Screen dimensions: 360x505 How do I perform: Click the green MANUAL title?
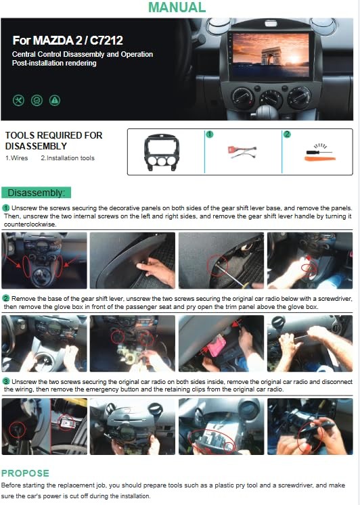click(x=177, y=7)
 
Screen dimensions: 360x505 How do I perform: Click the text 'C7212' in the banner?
click(x=106, y=41)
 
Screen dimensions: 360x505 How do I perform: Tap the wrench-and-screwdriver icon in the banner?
click(x=19, y=101)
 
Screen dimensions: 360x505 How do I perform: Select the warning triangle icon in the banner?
click(x=55, y=101)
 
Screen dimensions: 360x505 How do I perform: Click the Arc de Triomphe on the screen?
click(x=271, y=56)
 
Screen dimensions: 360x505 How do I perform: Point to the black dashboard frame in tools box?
click(x=162, y=152)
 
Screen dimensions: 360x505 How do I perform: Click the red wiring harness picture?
click(x=242, y=152)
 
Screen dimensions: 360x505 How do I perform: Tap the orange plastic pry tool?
click(x=320, y=158)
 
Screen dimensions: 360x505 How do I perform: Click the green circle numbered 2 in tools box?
click(x=287, y=134)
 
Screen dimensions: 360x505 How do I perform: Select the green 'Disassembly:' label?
click(x=36, y=193)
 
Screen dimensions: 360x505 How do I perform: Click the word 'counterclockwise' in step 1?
click(x=30, y=224)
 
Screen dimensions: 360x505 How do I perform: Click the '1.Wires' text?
click(x=16, y=158)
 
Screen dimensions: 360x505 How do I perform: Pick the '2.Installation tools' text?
click(x=68, y=158)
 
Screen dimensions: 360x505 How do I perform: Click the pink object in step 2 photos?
click(x=217, y=345)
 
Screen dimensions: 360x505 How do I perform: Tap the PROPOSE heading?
click(x=25, y=473)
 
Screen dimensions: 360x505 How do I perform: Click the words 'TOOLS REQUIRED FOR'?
click(x=54, y=135)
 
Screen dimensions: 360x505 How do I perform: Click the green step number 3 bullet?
click(x=6, y=382)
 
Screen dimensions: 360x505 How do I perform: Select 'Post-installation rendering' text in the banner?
click(x=54, y=63)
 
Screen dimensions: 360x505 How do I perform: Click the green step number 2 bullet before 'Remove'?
click(x=6, y=299)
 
